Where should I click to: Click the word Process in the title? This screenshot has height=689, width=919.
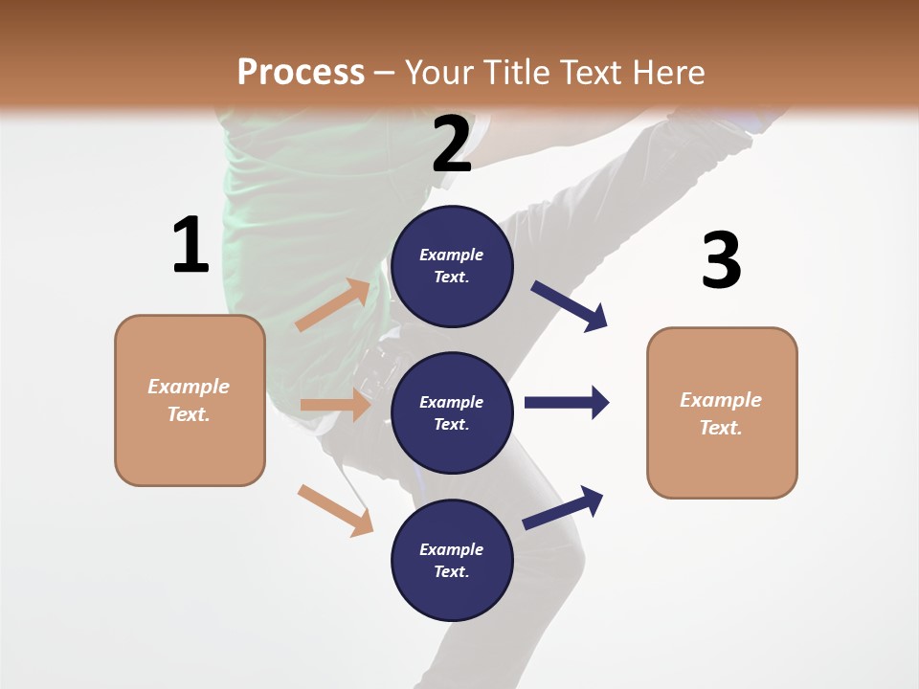click(x=301, y=72)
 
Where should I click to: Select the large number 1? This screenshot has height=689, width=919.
click(x=191, y=246)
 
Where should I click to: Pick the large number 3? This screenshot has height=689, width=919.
click(x=721, y=260)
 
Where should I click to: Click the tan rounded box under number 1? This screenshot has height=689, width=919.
click(x=190, y=400)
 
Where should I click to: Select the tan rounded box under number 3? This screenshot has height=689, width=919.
click(x=722, y=413)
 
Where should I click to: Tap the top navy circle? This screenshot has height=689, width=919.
click(x=452, y=266)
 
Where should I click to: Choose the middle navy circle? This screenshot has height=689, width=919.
click(x=452, y=412)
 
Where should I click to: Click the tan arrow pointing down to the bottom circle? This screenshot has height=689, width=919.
click(x=335, y=510)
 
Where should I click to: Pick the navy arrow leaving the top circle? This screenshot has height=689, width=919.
click(x=570, y=306)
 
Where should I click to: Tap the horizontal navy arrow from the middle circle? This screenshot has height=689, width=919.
click(x=567, y=402)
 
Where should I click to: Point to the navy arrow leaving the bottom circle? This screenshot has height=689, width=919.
click(x=564, y=507)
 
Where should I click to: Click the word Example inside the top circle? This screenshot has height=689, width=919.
click(x=452, y=255)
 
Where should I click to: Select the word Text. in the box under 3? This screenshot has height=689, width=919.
click(x=721, y=428)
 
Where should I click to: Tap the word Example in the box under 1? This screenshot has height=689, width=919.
click(x=189, y=387)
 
